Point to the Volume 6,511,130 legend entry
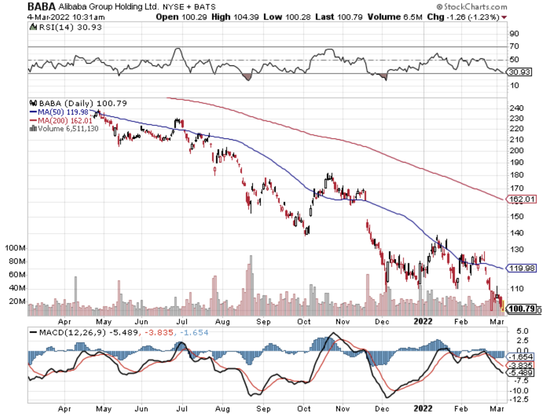(x=63, y=128)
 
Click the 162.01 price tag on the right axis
(x=522, y=199)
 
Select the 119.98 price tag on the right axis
(x=522, y=268)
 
